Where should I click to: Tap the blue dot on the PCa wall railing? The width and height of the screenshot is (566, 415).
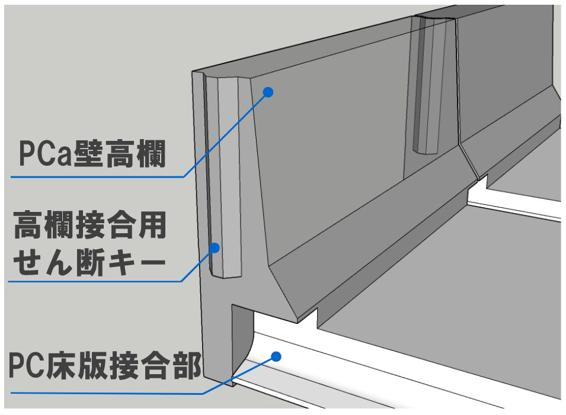point(268,92)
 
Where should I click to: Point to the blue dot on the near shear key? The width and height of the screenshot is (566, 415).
point(215,247)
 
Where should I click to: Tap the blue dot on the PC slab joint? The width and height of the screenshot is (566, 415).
point(275,356)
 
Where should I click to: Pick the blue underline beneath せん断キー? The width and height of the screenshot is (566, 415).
point(95,281)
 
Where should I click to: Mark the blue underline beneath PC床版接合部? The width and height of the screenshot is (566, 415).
point(107,393)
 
